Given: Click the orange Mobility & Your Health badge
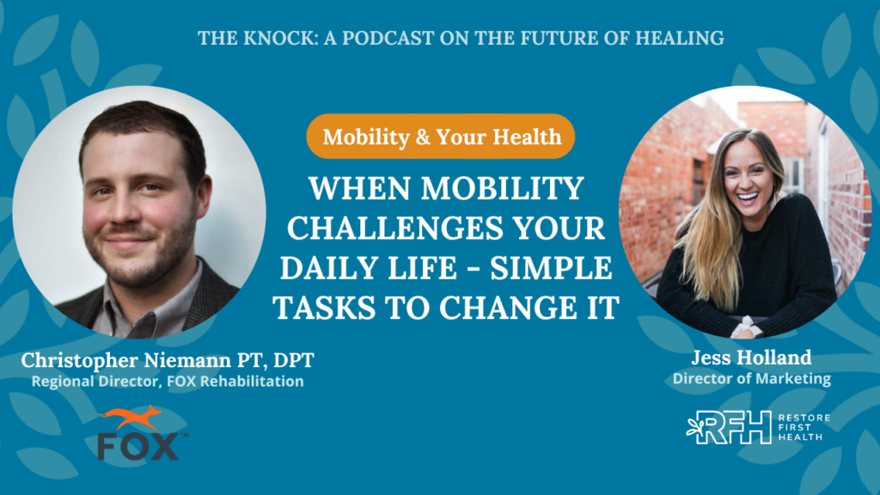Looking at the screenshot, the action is point(441,137).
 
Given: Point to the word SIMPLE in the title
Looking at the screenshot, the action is point(551,268).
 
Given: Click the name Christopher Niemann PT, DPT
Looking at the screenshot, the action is point(168,360).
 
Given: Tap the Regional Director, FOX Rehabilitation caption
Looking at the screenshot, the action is point(168,381).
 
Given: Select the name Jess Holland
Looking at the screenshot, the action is point(751,357).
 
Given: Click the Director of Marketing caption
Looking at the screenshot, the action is point(751,379).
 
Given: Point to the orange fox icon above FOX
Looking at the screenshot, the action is point(131,418).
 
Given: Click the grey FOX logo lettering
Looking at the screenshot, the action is point(138,446).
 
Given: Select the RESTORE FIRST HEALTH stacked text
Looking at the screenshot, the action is point(804,428).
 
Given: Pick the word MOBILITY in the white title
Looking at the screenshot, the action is point(503,188).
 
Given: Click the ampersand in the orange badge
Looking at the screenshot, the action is point(422,137).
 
